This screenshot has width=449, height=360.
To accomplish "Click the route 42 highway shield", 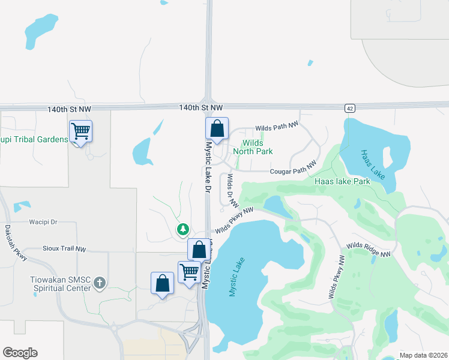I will point(349,108).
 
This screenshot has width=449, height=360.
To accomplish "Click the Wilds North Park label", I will point(257,148).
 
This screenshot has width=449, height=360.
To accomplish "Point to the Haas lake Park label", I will point(342,181).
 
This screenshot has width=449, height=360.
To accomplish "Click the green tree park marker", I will point(182,229).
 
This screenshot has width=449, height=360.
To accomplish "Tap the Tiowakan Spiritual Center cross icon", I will point(100,283).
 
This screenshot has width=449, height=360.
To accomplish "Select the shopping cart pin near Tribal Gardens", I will point(80,131).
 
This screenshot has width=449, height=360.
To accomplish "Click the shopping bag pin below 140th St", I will point(217,128).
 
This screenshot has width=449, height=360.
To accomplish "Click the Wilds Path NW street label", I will point(277,127).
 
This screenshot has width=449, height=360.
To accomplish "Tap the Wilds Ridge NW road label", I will point(368,250).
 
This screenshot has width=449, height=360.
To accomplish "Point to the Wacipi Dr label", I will point(43,222).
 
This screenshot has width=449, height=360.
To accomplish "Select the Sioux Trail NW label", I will point(64,248).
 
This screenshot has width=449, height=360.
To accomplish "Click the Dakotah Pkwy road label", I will point(16,242).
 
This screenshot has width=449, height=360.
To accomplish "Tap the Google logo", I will point(20,353).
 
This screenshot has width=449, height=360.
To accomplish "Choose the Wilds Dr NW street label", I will point(229,191).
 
